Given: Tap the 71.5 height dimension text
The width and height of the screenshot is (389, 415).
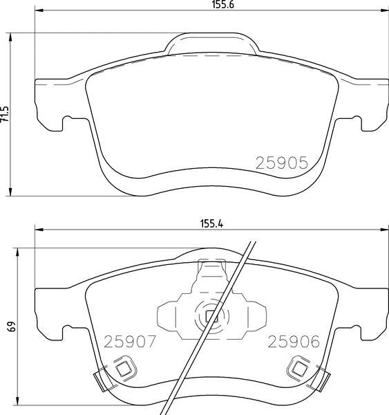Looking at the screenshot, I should (5, 114).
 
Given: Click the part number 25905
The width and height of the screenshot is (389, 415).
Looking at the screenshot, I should (281, 163).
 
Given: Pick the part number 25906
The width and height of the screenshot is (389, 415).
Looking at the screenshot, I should (294, 341).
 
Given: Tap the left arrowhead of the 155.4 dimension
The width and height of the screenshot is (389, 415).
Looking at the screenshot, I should (37, 230).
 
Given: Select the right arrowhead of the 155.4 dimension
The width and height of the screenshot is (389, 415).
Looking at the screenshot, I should (383, 230).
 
